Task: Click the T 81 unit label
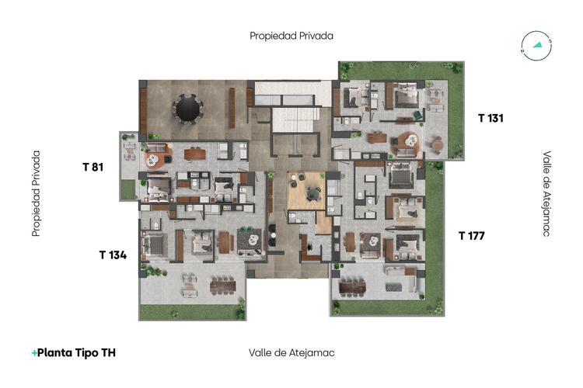tap(93, 166)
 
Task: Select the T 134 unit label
tap(113, 255)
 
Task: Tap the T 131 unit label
tap(491, 118)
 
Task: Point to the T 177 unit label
tap(471, 235)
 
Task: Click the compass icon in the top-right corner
tap(536, 46)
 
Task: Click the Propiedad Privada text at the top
tap(291, 36)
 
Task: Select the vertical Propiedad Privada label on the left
tap(36, 193)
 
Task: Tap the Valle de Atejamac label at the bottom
tap(291, 352)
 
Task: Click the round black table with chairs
tap(187, 109)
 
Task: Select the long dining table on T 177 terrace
tap(352, 287)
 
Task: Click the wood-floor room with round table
tap(305, 190)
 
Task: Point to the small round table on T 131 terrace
tap(438, 143)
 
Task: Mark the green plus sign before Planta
tap(34, 353)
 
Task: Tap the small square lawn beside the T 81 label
tap(127, 189)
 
